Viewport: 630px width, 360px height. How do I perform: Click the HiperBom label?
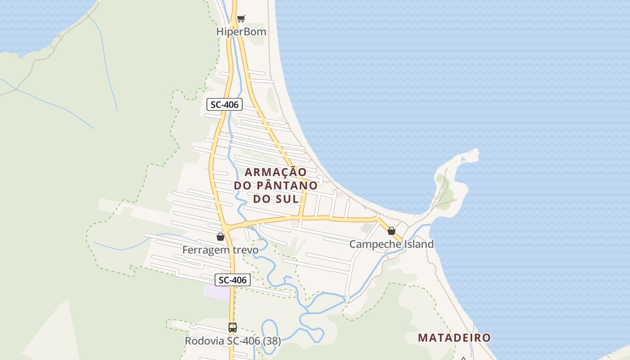coord(241,32)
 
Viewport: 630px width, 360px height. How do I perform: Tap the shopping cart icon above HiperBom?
coord(241,18)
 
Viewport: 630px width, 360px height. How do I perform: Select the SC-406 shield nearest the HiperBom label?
coord(225,105)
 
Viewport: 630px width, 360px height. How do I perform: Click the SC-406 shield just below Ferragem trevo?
coord(232,280)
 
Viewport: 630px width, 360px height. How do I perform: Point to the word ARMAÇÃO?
coord(275,172)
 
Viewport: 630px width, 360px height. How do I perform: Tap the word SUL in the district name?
coord(288,198)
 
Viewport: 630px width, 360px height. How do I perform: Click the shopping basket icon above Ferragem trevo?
coord(220,237)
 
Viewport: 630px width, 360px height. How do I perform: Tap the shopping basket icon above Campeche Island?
coord(391,231)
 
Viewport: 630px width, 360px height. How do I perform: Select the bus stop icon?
coord(232,328)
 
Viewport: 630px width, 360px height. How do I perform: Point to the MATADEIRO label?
coord(454,337)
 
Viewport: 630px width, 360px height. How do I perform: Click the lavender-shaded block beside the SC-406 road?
coord(217,292)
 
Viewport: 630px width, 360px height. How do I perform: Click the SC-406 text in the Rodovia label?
coord(243,341)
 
